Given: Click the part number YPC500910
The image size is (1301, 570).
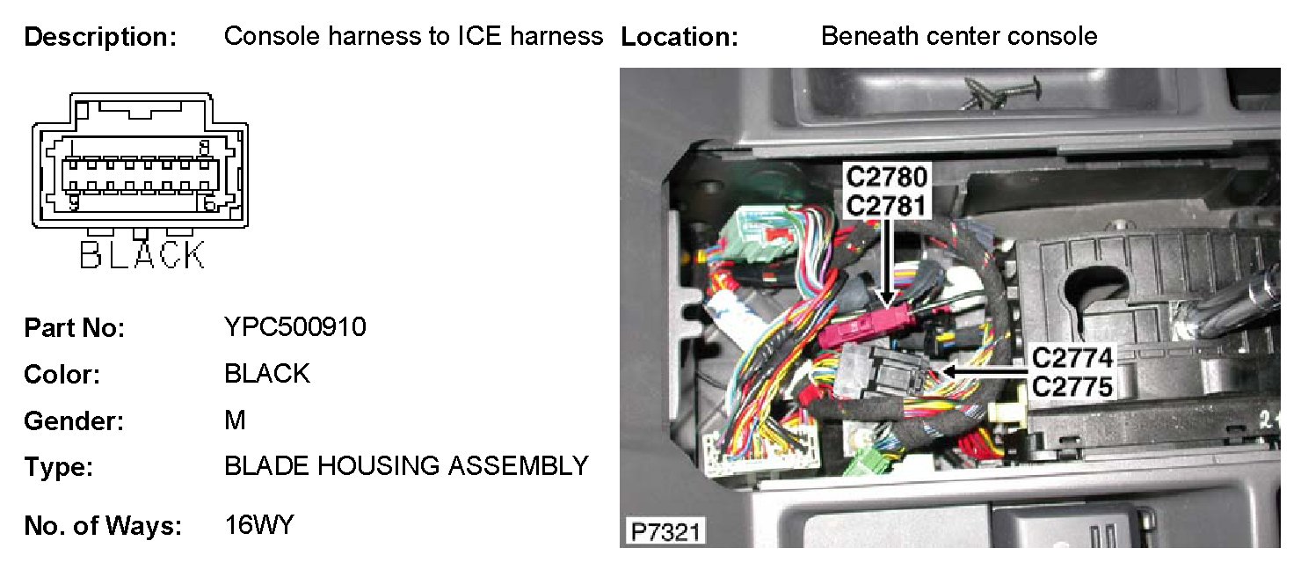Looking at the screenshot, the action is pos(295,327).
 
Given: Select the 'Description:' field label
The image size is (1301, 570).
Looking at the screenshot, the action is pos(100,38).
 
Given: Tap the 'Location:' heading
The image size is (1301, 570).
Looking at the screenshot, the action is pos(679,38).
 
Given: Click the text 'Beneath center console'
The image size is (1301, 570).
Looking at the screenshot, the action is pos(958,36).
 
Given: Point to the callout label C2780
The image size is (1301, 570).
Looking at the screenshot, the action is pos(886,177).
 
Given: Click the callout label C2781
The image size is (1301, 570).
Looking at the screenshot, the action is pos(886,205).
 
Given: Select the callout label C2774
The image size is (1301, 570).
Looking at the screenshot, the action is pos(1072,359).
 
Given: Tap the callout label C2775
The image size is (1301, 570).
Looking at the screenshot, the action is pos(1072,386).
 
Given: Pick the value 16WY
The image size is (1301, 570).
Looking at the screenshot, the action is pos(258,525).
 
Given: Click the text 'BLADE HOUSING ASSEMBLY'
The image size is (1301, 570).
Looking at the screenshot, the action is pos(406,465).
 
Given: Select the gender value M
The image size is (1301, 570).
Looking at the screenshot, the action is pos(235,420).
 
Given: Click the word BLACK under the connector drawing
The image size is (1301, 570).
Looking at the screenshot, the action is pos(142,255).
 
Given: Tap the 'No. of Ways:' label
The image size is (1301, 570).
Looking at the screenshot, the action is pos(102,527).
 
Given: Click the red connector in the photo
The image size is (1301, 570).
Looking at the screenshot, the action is pos(864,330).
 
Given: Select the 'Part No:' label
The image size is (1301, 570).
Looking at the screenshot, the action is pos(74,328).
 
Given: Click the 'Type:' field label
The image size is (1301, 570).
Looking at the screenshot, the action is pos(58,467).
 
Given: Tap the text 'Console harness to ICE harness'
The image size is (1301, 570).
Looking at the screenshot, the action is pos(413,36).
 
